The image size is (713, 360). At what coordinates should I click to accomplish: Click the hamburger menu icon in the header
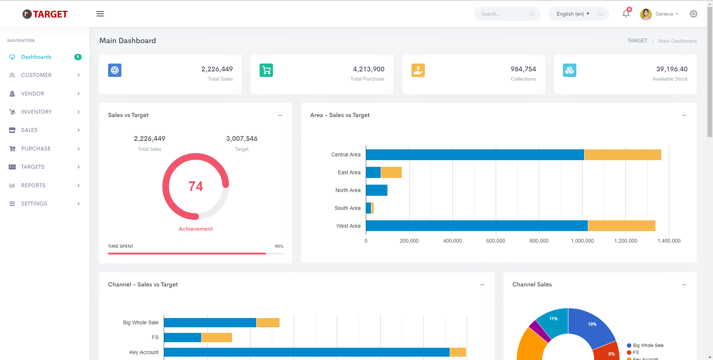(x=100, y=14)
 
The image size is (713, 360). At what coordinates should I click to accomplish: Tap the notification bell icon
(x=626, y=14)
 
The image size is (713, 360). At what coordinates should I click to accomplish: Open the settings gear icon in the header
(x=693, y=14)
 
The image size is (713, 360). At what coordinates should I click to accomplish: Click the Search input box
(x=507, y=14)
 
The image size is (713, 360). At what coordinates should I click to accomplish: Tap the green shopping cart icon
(x=266, y=70)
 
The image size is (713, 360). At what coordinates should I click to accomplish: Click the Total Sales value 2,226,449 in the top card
(x=217, y=69)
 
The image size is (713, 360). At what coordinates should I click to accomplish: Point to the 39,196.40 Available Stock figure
(x=672, y=69)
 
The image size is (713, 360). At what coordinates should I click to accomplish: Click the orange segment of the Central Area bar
(x=623, y=155)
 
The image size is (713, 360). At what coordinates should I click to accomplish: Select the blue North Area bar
(x=377, y=190)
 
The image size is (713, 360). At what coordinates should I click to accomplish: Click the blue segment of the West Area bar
(x=477, y=226)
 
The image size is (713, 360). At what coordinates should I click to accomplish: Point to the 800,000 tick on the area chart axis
(x=539, y=241)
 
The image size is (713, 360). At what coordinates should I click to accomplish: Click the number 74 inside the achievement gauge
(x=196, y=186)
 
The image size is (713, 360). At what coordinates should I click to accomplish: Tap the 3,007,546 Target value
(x=242, y=139)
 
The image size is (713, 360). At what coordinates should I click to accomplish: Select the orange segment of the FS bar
(x=217, y=337)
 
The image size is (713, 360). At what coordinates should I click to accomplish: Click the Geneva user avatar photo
(x=646, y=14)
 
